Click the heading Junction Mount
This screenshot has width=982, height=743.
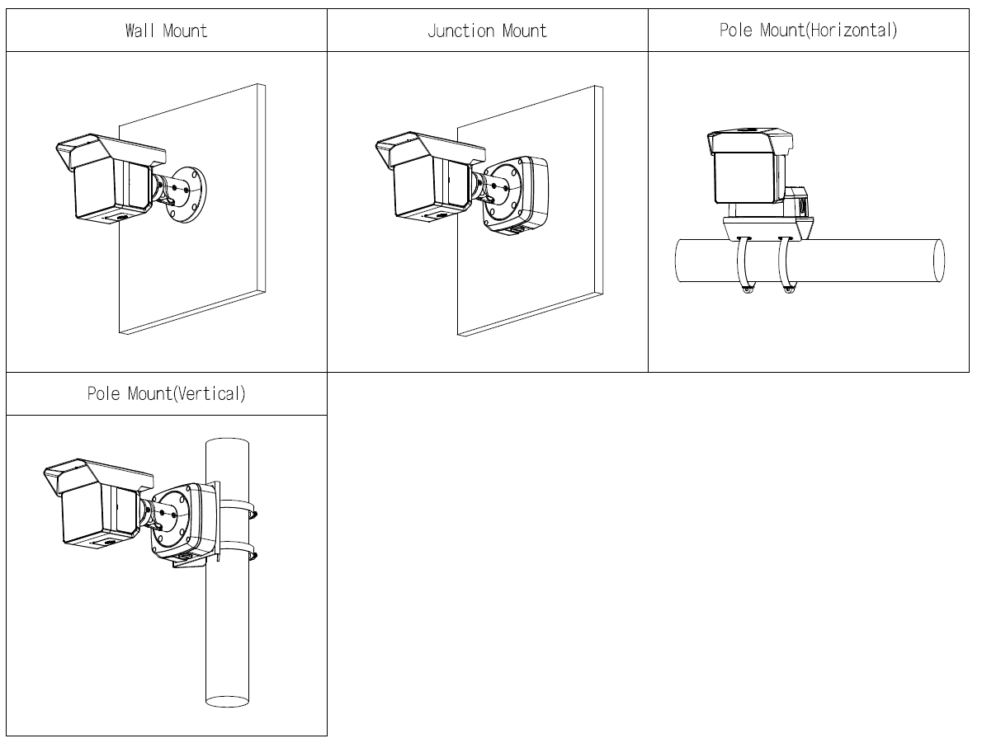click(487, 31)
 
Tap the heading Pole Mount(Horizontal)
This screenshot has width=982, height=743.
click(808, 31)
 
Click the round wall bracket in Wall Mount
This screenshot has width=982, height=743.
click(191, 195)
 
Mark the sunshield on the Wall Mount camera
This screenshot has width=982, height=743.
click(107, 150)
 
